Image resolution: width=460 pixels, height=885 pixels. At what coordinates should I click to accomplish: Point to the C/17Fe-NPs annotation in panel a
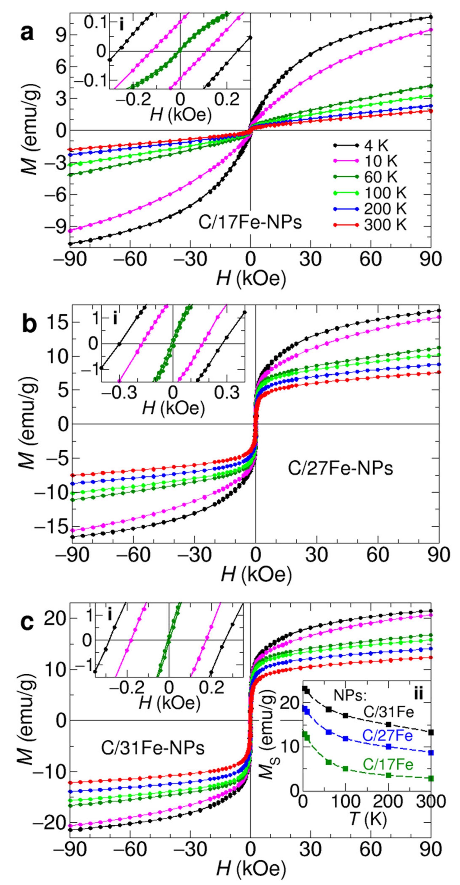point(250,223)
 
